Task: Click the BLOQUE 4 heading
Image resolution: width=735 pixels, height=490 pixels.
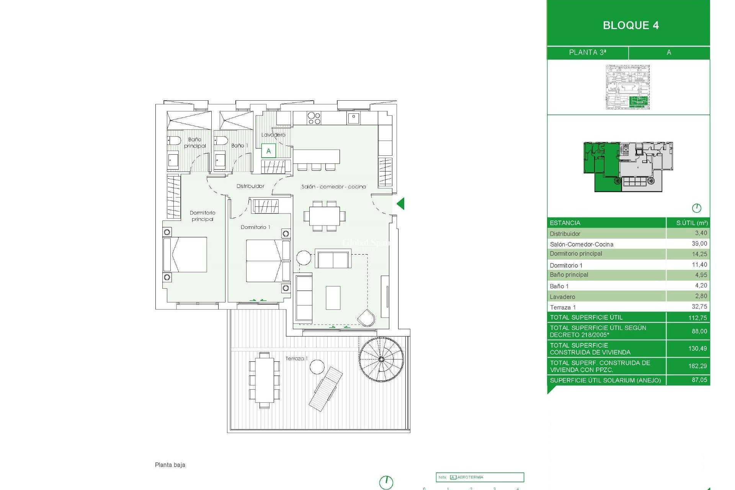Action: pos(630,25)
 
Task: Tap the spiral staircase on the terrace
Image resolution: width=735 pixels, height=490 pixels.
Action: pos(381,359)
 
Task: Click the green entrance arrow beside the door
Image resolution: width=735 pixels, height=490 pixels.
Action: pos(401,204)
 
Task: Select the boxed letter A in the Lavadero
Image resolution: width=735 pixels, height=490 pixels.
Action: pos(268,151)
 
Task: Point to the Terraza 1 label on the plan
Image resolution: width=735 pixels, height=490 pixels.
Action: pos(296,358)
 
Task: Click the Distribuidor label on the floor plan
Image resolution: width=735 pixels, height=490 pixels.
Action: pos(250,186)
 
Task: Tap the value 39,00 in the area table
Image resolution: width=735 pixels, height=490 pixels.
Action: pos(699,243)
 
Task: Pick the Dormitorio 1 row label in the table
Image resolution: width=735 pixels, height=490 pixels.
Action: pos(566,265)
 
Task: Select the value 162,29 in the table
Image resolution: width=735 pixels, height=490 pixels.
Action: pos(697,366)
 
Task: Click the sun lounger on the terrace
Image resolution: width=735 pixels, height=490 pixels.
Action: pos(326,389)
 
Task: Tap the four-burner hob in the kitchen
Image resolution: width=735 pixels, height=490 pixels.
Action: pos(314,118)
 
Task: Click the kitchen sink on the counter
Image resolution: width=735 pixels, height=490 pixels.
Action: pos(353,118)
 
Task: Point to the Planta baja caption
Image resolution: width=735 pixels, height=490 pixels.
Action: pos(170,465)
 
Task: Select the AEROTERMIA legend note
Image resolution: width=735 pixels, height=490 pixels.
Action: pos(470,477)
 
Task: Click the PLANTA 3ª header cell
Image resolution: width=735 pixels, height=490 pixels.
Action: pos(587,52)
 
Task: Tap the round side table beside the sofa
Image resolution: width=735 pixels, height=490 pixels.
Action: pos(304,258)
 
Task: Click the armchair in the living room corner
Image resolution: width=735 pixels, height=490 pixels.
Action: pos(366,318)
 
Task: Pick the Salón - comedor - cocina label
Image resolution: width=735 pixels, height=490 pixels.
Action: pos(333,186)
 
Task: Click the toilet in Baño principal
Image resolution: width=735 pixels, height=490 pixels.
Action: pos(175,141)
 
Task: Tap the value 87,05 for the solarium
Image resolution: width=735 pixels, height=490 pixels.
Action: pos(699,380)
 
